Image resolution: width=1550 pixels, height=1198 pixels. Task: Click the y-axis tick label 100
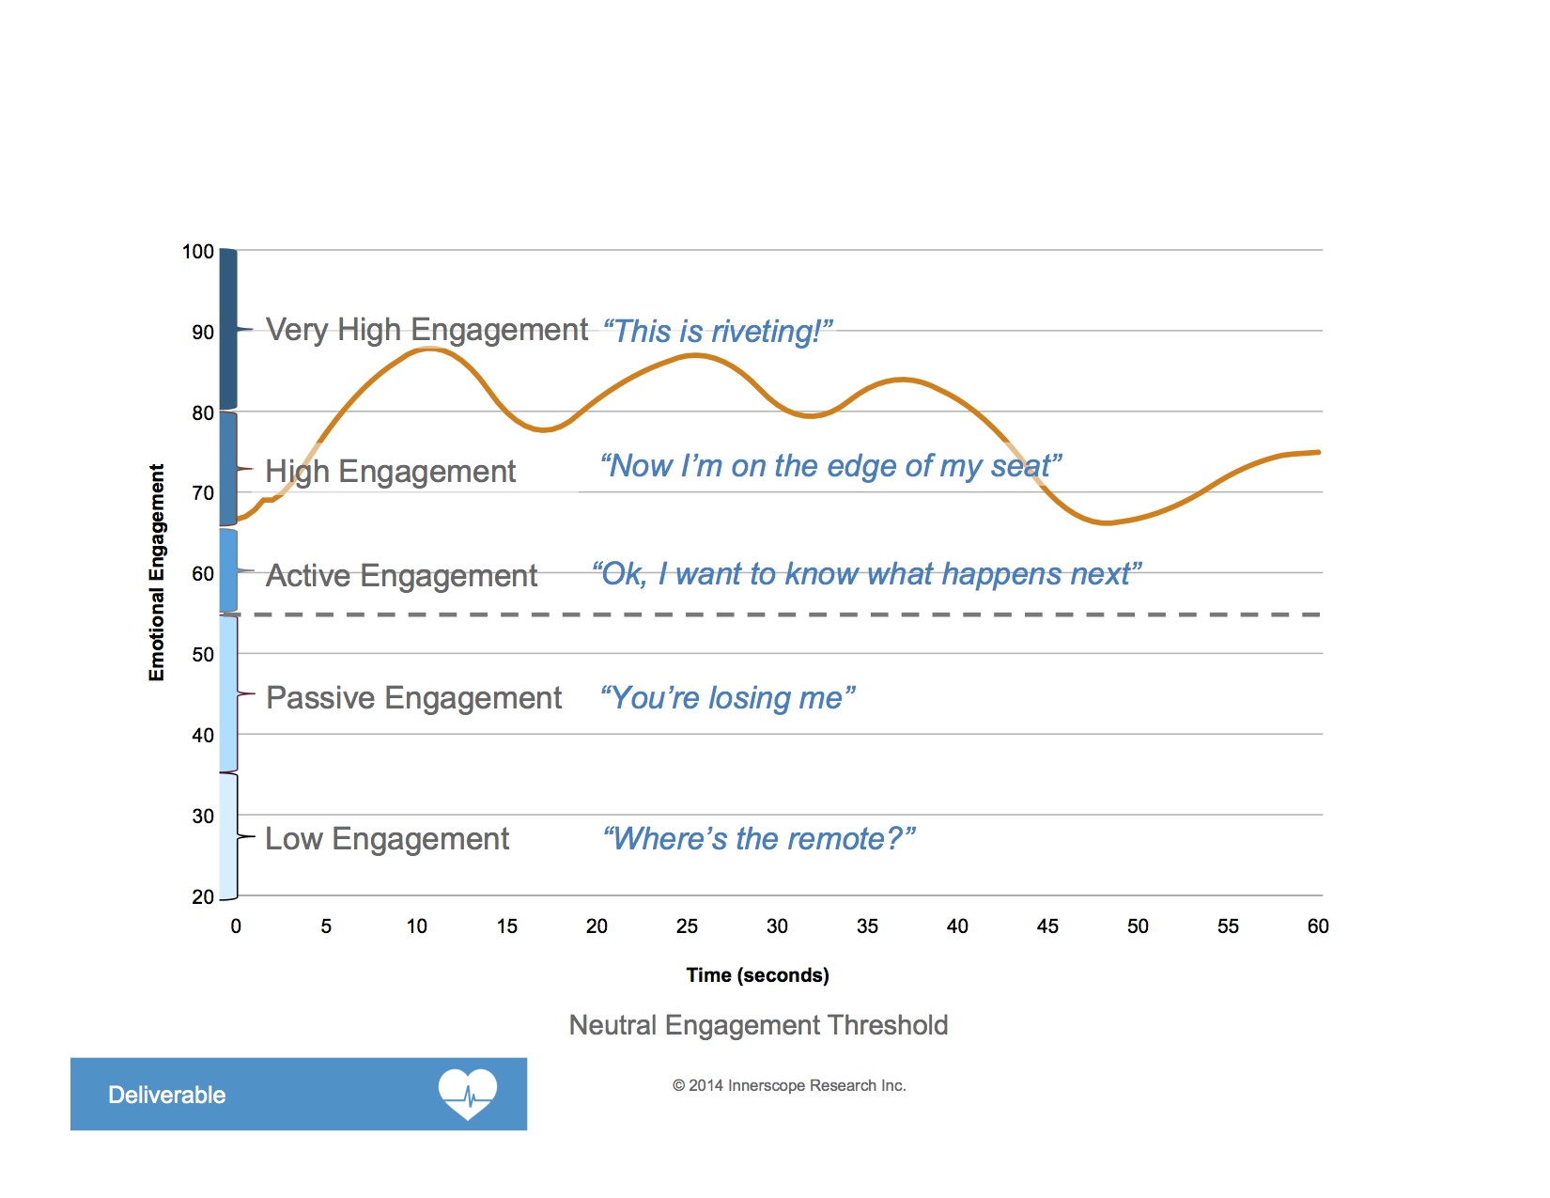point(197,252)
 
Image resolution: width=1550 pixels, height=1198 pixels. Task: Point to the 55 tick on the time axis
point(1228,926)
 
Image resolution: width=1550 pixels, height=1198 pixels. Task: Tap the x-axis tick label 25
point(687,926)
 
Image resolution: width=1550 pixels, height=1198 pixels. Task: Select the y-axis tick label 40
point(203,736)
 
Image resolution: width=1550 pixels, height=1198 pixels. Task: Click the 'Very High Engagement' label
point(426,330)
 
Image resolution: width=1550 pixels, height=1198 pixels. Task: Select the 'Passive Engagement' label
point(413,698)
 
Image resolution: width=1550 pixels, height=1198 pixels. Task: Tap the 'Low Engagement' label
point(387,839)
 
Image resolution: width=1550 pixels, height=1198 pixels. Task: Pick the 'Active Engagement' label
point(401,575)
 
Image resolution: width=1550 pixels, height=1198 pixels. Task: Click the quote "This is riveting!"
point(718,332)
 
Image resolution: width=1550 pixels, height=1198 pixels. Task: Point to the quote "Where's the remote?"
point(759,838)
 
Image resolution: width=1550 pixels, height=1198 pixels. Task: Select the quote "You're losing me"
point(728,698)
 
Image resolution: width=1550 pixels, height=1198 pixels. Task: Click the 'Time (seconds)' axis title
point(757,975)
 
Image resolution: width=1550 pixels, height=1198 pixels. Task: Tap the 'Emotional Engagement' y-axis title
point(157,572)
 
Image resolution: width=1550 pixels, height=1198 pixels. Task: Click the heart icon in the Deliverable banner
point(467,1094)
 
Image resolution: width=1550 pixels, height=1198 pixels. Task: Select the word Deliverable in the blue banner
point(167,1095)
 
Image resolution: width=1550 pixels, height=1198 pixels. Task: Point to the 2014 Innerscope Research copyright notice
point(789,1085)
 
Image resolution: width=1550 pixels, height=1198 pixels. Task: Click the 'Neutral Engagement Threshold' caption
point(758,1025)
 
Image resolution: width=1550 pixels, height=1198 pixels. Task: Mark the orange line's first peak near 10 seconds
point(427,349)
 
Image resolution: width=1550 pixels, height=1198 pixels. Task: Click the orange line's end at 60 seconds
point(1318,452)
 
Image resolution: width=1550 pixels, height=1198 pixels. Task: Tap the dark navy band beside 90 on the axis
point(228,329)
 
